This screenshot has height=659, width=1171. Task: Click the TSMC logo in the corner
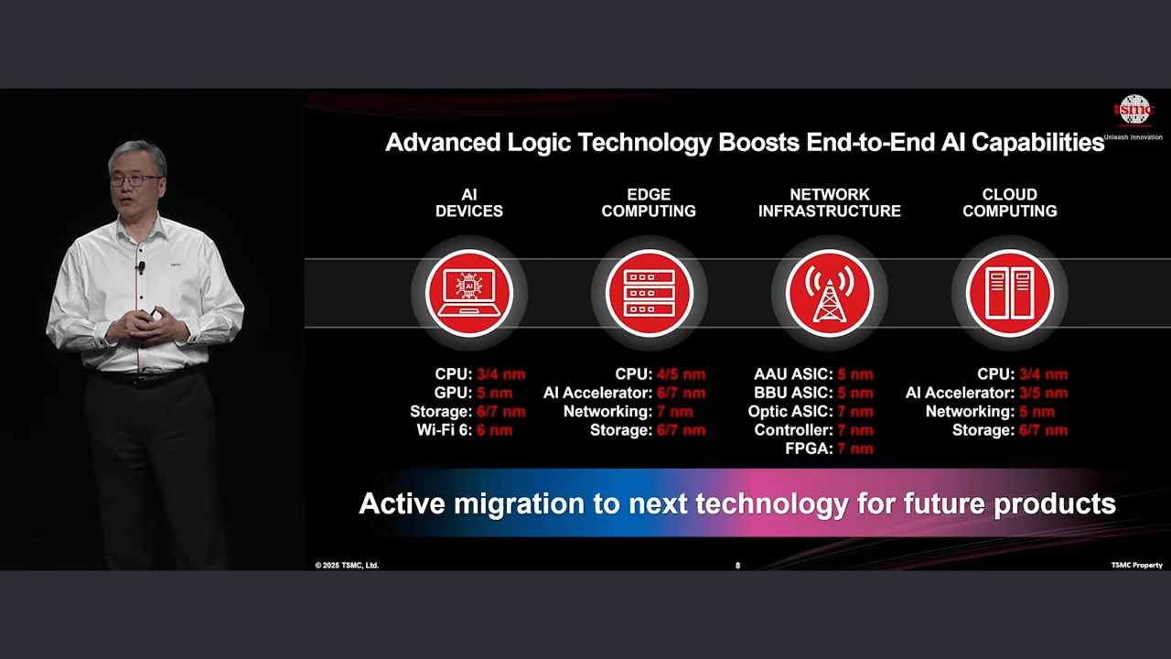1133,111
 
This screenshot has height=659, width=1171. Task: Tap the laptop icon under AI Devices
469,292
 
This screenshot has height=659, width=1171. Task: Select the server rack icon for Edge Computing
650,292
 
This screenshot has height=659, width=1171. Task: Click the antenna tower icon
830,292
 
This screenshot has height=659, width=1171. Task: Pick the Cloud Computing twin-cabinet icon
1009,292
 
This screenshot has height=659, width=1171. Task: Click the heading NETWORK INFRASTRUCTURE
830,203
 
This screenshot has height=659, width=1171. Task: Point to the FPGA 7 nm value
855,448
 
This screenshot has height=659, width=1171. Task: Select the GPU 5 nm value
495,393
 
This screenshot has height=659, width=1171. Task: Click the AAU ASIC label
793,374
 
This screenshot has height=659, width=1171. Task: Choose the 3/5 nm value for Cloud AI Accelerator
1044,393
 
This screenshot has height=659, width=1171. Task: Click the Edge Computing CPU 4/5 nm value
682,374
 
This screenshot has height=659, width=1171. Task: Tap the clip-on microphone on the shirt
141,267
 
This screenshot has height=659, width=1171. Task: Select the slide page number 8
737,566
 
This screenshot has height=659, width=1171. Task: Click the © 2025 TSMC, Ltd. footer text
347,566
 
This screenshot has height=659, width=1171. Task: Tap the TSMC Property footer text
1136,566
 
